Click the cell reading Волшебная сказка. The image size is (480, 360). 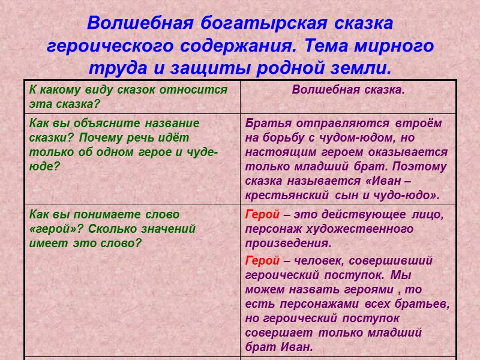pyautogui.click(x=348, y=90)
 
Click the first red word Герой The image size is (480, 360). pyautogui.click(x=262, y=214)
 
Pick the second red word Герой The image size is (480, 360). pyautogui.click(x=262, y=260)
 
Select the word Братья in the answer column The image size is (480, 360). pyautogui.click(x=267, y=123)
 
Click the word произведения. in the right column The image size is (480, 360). pyautogui.click(x=288, y=244)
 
